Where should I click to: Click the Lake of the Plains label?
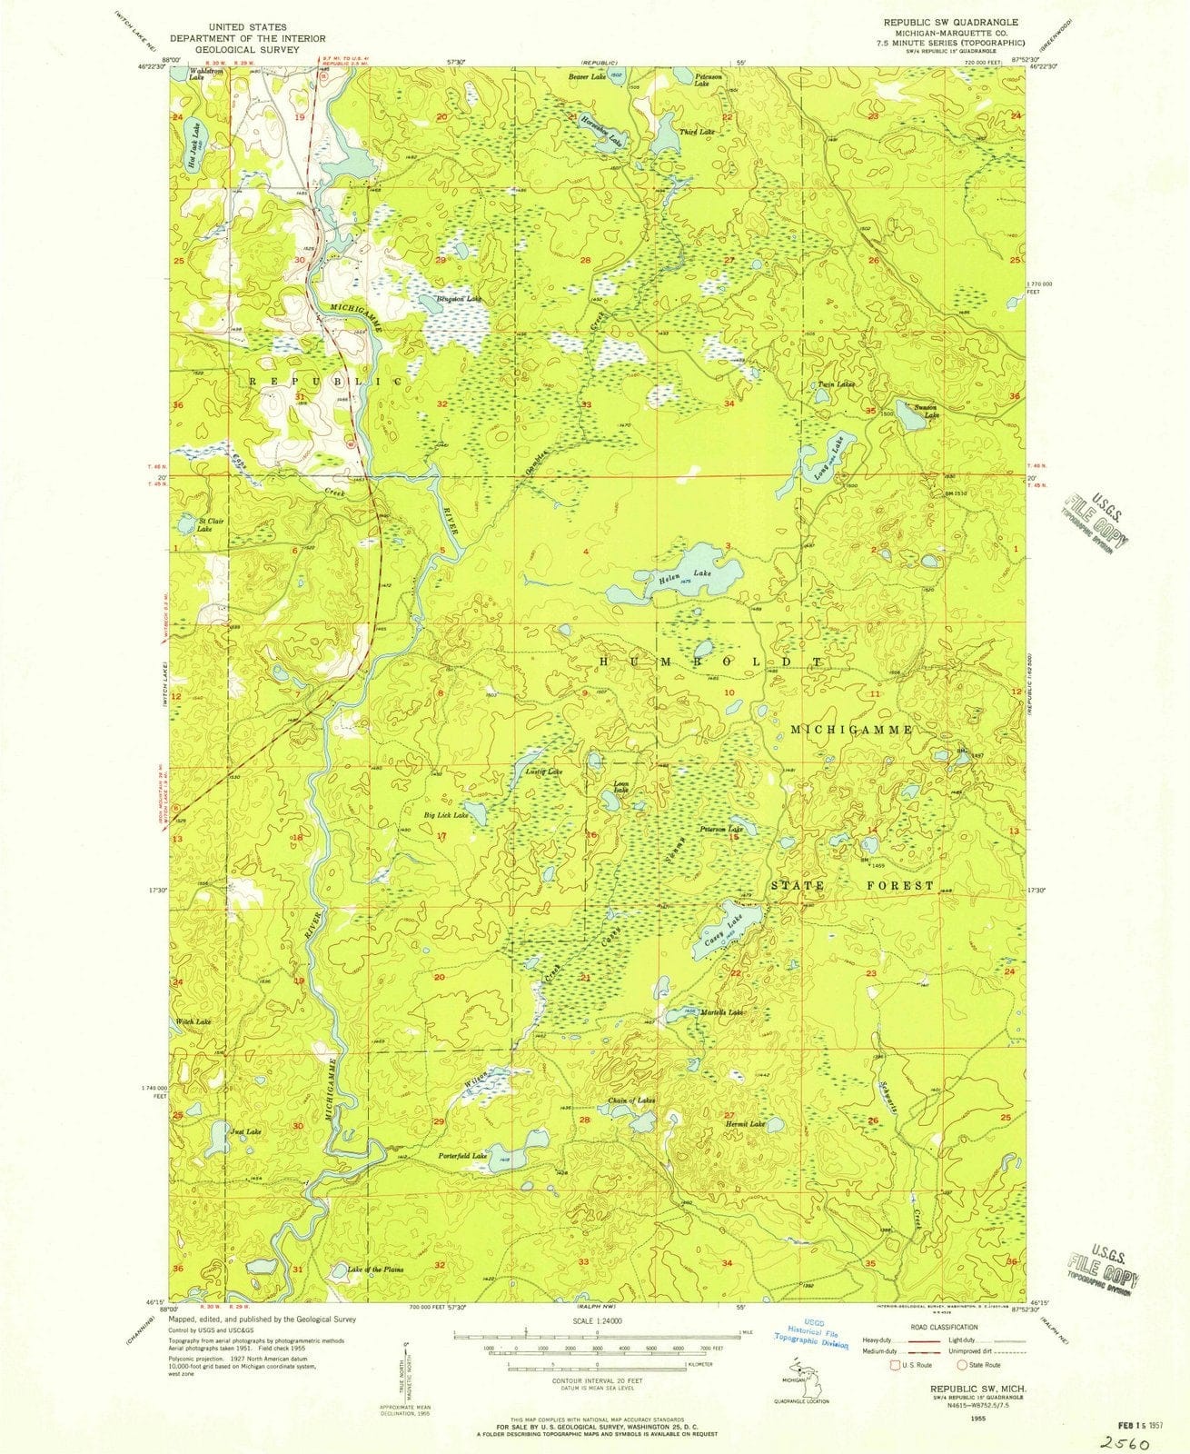coord(375,1269)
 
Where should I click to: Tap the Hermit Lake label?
coord(745,1124)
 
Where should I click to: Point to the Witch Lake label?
coord(194,1022)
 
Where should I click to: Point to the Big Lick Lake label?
coord(446,815)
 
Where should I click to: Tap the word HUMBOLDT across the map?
coord(711,662)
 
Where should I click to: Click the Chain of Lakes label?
coord(631,1100)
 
